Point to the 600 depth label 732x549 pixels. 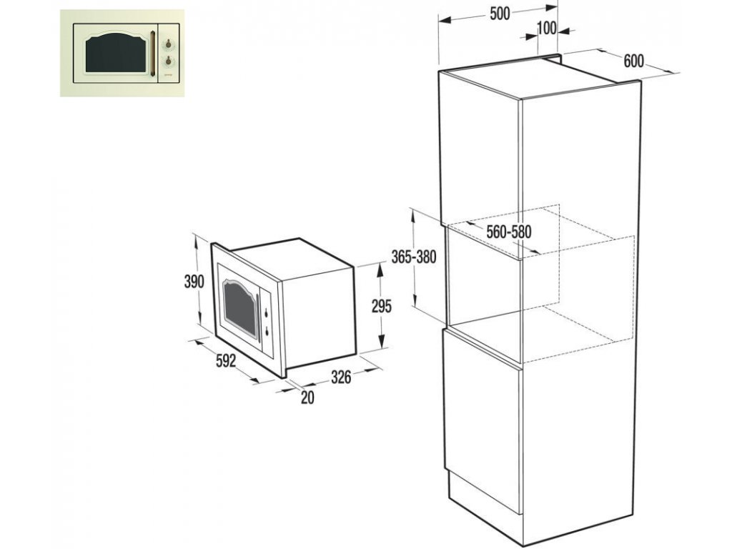point(633,61)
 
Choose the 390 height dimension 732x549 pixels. point(194,281)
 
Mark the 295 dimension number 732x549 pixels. point(382,307)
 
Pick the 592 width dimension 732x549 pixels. point(225,361)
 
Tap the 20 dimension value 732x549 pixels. point(307,398)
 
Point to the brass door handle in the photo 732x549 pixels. point(153,54)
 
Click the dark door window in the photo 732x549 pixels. point(114,55)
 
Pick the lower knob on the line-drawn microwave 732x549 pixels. point(266,330)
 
